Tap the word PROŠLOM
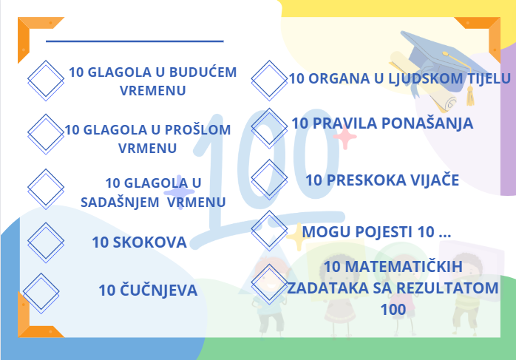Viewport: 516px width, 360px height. tap(197, 130)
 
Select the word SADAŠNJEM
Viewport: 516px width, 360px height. tap(120, 202)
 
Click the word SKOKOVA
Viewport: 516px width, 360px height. tap(150, 242)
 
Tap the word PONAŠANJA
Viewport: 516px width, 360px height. tap(427, 123)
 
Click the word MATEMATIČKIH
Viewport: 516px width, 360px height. tap(401, 267)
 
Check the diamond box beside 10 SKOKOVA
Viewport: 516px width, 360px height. tap(46, 242)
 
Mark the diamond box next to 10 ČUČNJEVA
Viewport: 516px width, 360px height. tap(41, 293)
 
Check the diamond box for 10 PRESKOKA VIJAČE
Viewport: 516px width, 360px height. tap(269, 180)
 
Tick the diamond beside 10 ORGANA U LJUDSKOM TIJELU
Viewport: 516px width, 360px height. tap(269, 81)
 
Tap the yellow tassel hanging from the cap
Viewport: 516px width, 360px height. tap(470, 95)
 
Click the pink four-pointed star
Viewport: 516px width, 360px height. tap(345, 137)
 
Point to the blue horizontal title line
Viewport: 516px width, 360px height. tap(135, 41)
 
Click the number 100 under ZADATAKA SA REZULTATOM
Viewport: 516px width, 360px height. tap(393, 310)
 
